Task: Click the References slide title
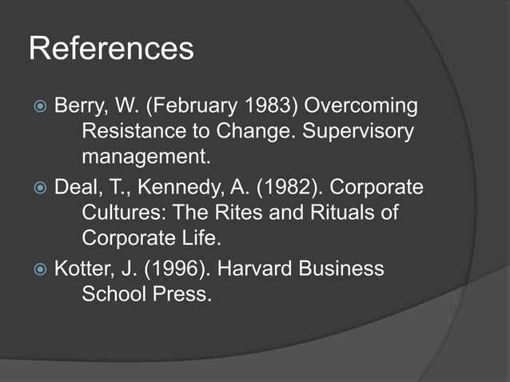coord(111,49)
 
